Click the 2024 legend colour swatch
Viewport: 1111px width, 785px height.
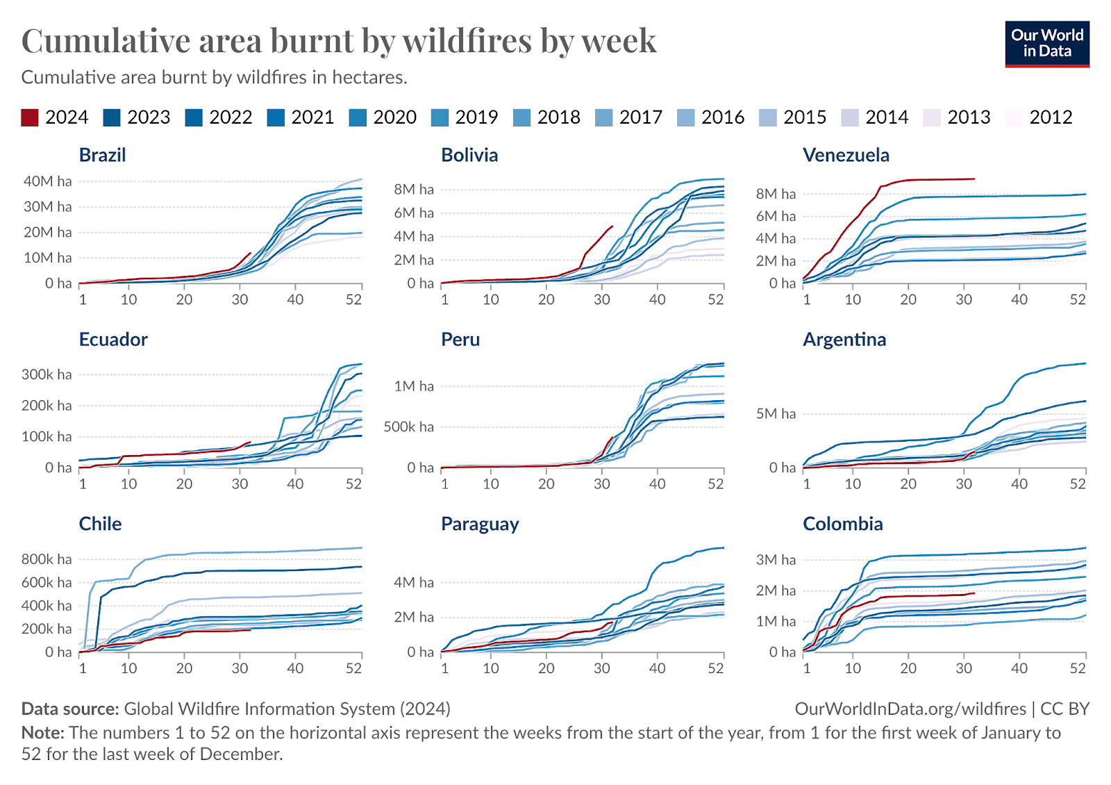pyautogui.click(x=30, y=117)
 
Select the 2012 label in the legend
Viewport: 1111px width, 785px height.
pyautogui.click(x=1051, y=117)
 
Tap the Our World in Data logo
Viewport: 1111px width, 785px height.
pyautogui.click(x=1046, y=44)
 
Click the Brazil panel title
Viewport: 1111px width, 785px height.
pyautogui.click(x=102, y=155)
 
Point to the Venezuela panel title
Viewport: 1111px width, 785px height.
pyautogui.click(x=845, y=155)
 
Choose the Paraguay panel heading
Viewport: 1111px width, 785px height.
pyautogui.click(x=480, y=524)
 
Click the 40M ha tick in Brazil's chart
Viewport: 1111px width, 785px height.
pyautogui.click(x=47, y=181)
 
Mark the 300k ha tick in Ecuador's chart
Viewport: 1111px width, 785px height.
pyautogui.click(x=47, y=374)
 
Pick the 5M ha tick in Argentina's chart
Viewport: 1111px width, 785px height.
pyautogui.click(x=776, y=414)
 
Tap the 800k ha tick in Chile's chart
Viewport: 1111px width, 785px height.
pyautogui.click(x=47, y=559)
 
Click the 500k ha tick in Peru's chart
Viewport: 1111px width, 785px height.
pyautogui.click(x=408, y=427)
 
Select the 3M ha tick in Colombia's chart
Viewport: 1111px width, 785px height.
pyautogui.click(x=776, y=560)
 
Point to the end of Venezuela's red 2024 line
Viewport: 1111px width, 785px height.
pyautogui.click(x=974, y=179)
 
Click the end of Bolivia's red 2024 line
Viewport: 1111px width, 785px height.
pyautogui.click(x=612, y=226)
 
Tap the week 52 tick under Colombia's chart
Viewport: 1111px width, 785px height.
pyautogui.click(x=1077, y=668)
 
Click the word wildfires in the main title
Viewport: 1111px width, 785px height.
pyautogui.click(x=469, y=40)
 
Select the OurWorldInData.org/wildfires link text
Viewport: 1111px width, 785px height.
pyautogui.click(x=910, y=709)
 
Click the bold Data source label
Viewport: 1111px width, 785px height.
pyautogui.click(x=70, y=709)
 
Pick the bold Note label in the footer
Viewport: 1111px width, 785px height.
pyautogui.click(x=42, y=733)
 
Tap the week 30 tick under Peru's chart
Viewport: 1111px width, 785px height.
pyautogui.click(x=601, y=484)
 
